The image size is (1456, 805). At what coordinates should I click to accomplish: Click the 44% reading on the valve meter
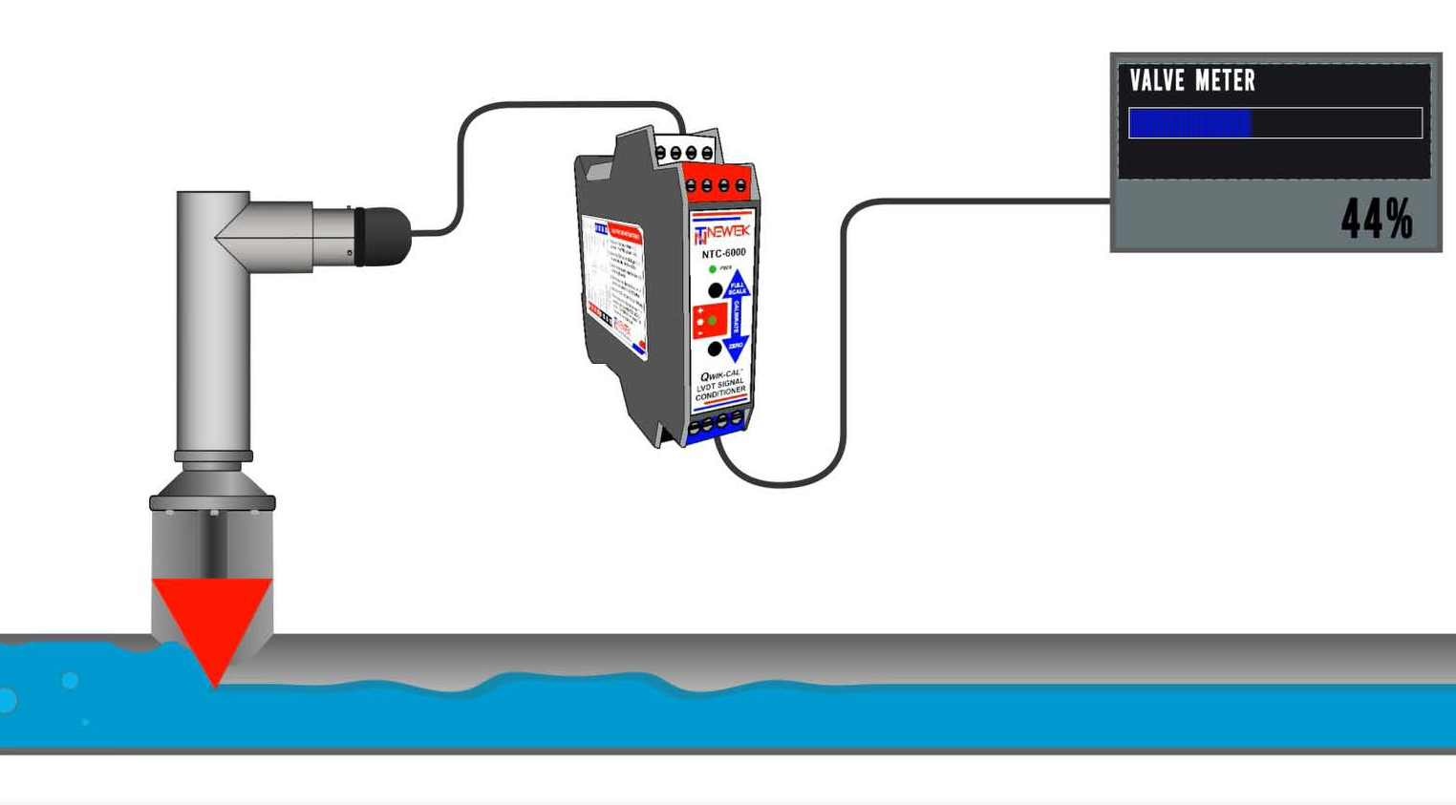click(x=1376, y=220)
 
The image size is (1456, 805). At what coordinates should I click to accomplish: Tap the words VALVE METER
click(x=1192, y=81)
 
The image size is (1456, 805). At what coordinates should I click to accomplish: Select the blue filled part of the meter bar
click(x=1189, y=123)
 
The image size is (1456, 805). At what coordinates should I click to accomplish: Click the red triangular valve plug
click(x=212, y=616)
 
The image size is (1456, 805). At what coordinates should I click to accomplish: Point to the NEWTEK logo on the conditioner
click(x=723, y=233)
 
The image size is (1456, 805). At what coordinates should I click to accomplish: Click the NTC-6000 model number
click(x=723, y=253)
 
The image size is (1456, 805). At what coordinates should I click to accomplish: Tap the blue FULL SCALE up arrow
click(x=737, y=286)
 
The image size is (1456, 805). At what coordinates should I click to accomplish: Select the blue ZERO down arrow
click(x=736, y=346)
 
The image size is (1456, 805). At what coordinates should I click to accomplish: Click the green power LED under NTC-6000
click(x=713, y=269)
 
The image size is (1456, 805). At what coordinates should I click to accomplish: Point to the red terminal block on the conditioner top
click(x=717, y=184)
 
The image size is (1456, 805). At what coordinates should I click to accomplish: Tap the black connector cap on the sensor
click(x=383, y=236)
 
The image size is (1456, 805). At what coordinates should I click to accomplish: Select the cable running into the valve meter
click(x=974, y=201)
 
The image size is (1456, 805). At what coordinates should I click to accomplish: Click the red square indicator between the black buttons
click(x=710, y=320)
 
